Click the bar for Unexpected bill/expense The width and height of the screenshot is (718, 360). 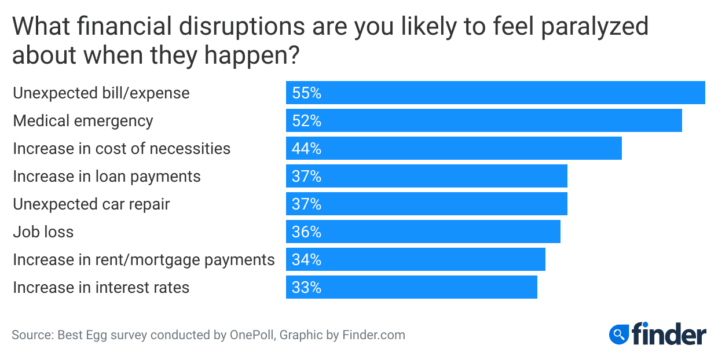[x=495, y=93]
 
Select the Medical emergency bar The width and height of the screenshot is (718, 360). [x=483, y=120]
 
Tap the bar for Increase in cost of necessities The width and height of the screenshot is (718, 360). [x=453, y=148]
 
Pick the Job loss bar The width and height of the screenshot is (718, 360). [x=423, y=232]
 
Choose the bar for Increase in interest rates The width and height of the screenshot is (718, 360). [x=411, y=287]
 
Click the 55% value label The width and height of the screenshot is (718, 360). [x=306, y=93]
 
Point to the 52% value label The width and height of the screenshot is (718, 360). [x=306, y=120]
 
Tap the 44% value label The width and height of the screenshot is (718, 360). [x=306, y=148]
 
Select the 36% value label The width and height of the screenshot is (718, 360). [x=306, y=232]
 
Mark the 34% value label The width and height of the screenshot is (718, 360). [x=306, y=259]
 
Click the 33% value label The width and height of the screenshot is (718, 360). [x=306, y=287]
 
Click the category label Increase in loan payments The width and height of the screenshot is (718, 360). [x=107, y=176]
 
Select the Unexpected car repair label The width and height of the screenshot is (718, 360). [x=91, y=204]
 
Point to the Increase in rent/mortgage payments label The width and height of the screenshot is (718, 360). [x=144, y=259]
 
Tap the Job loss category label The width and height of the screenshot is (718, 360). [x=43, y=232]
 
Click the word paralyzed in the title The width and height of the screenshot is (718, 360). [x=585, y=27]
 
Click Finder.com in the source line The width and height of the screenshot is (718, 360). [x=373, y=335]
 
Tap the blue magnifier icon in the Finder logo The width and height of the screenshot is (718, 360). [x=619, y=334]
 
